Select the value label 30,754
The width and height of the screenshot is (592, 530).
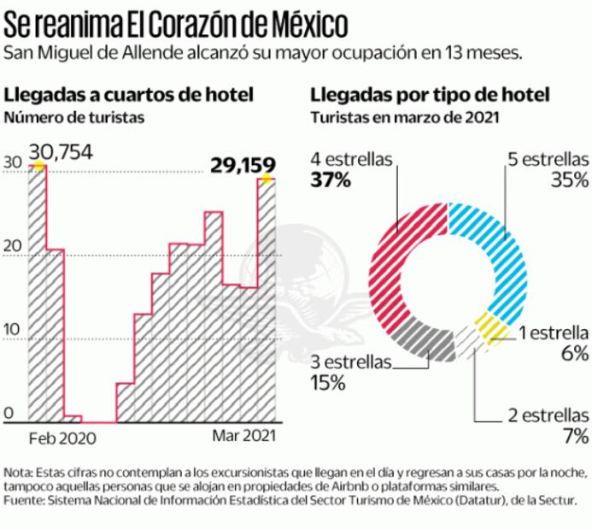coord(61,153)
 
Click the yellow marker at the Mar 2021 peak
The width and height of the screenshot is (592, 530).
coord(267,178)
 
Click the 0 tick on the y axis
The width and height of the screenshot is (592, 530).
coord(9,414)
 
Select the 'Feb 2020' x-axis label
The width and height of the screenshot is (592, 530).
coord(62,437)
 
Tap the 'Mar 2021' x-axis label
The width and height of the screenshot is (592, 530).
coord(243,436)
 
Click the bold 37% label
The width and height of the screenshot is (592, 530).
coord(330,181)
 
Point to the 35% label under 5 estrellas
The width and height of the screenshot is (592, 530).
coord(570,180)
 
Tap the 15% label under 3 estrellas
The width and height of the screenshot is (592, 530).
coord(329,383)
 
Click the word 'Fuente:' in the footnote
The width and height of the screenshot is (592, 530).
coord(24,500)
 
